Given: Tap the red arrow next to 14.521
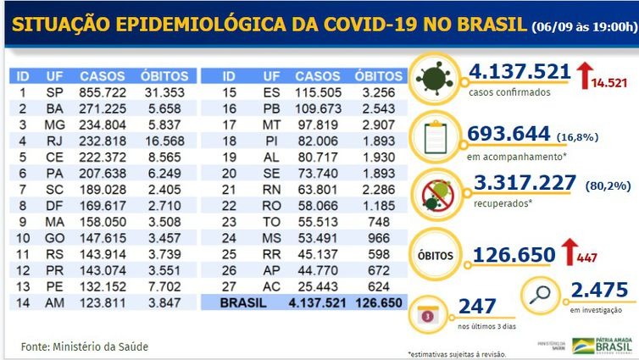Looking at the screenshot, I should [585, 74].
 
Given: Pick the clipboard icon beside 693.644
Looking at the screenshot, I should [436, 136].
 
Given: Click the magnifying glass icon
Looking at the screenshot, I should [541, 297].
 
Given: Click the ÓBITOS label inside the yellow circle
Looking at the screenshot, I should [436, 253].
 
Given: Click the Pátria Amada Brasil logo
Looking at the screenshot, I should [604, 345].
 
